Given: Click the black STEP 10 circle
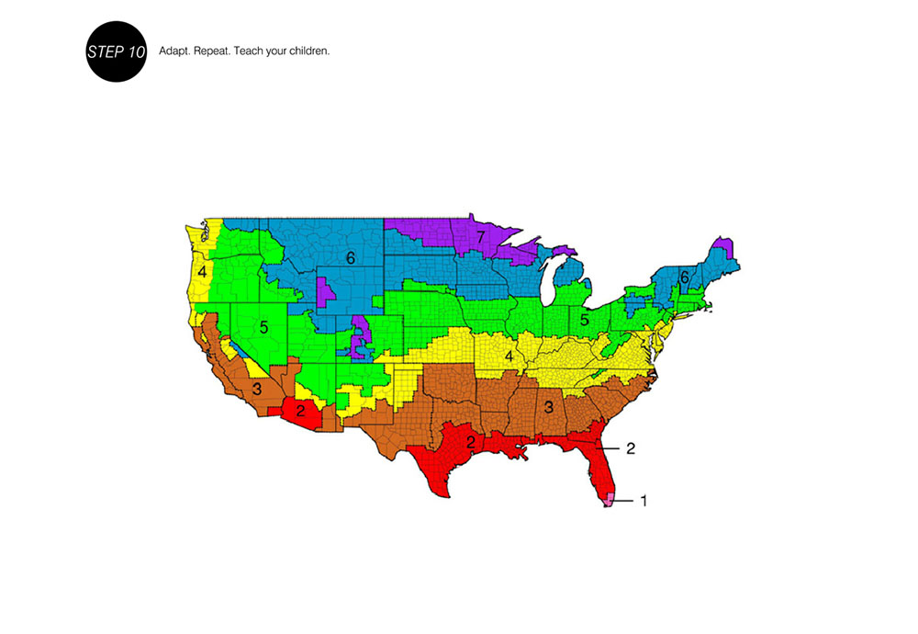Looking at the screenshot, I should click(116, 51).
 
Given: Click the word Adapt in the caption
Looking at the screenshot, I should click(174, 51).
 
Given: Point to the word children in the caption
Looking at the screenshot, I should click(309, 51).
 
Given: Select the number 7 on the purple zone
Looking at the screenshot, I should click(480, 237).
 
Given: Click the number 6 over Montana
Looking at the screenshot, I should click(350, 258).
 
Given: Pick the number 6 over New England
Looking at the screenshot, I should click(684, 277).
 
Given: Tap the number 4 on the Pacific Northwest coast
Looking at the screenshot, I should click(201, 273).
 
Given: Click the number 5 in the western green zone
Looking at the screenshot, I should click(263, 326).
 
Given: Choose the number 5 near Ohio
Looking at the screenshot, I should click(584, 321).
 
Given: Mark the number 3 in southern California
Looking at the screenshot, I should click(257, 389).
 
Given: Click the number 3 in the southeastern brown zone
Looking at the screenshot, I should click(549, 407).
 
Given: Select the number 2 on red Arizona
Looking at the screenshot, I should click(300, 411).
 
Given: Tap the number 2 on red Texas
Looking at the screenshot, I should click(470, 443).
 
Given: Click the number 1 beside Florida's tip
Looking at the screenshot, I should click(644, 501).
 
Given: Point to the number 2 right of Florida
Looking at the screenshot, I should click(631, 448).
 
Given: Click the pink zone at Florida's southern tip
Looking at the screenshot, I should click(609, 499).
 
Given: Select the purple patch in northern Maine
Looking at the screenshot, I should click(723, 245).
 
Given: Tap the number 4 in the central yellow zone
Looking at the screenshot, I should click(508, 356).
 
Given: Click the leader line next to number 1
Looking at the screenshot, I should click(623, 501).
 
